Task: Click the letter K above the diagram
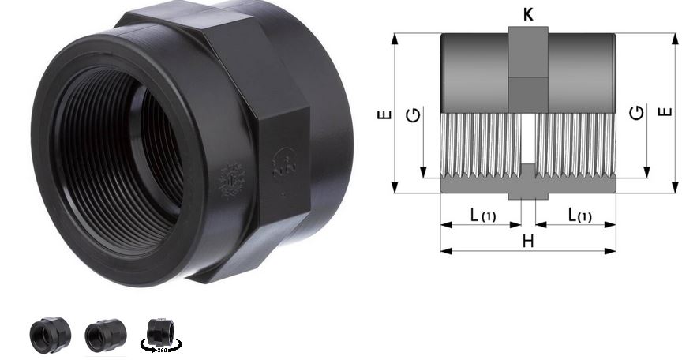pos(528,13)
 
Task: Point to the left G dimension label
pos(413,116)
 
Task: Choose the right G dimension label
pos(637,113)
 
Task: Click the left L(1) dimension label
pos(482,215)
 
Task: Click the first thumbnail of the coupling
pos(50,335)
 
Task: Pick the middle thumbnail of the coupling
pos(105,335)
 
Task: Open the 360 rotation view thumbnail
pos(163,335)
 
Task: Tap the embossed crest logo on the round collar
pos(232,180)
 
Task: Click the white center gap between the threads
pos(528,142)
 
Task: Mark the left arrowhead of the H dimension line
pos(444,252)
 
